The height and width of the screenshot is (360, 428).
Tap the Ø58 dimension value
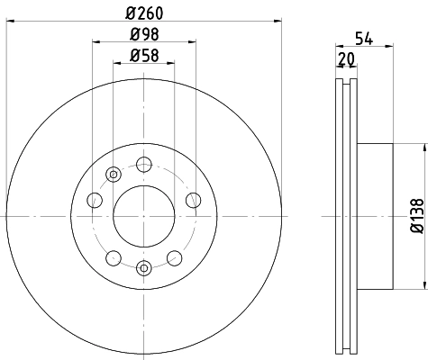[x=145, y=55]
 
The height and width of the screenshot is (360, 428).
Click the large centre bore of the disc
[x=144, y=216]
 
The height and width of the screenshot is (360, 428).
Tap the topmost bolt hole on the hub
[x=144, y=165]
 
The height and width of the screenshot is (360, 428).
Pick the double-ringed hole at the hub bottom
[x=144, y=267]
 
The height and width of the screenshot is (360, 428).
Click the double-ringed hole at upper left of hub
[x=114, y=174]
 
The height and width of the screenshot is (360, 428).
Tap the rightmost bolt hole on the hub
[x=192, y=201]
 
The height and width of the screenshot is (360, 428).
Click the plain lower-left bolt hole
[x=114, y=258]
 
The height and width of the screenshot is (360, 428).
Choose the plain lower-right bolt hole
[x=175, y=258]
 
